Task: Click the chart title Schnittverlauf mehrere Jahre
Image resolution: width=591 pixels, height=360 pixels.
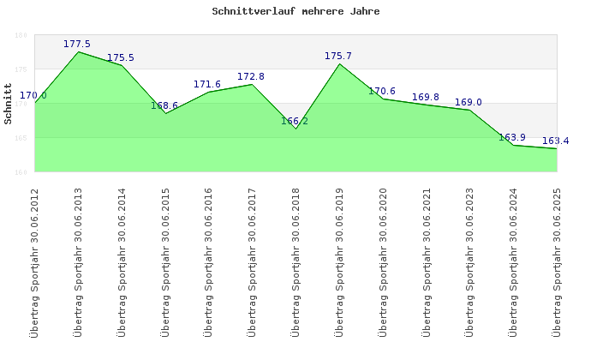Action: (x=295, y=12)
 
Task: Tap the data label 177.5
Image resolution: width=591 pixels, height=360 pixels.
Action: (x=77, y=44)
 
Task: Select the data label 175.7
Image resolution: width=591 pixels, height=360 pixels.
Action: (x=338, y=56)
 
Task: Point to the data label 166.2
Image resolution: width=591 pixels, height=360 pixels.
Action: (x=295, y=121)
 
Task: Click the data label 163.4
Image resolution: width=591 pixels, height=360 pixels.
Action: (x=556, y=141)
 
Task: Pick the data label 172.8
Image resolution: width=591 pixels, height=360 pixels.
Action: (x=251, y=76)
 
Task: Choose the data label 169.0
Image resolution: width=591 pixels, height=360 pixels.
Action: (x=469, y=102)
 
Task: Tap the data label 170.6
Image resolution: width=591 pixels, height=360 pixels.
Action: (x=382, y=91)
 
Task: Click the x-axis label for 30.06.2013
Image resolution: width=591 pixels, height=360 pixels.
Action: (x=78, y=261)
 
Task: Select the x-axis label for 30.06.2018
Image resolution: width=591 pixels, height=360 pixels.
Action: (x=295, y=261)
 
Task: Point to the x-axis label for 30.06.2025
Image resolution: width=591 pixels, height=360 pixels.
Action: (x=557, y=261)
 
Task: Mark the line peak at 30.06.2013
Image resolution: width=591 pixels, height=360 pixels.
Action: (x=79, y=52)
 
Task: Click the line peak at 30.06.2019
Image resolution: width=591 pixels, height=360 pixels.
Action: (x=339, y=64)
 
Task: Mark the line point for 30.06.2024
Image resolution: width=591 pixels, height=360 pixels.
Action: (x=513, y=145)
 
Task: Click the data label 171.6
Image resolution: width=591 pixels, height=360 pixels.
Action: (x=207, y=84)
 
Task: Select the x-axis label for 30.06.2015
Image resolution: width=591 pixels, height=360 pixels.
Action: (x=165, y=261)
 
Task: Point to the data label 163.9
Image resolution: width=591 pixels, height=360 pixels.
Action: (x=512, y=137)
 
